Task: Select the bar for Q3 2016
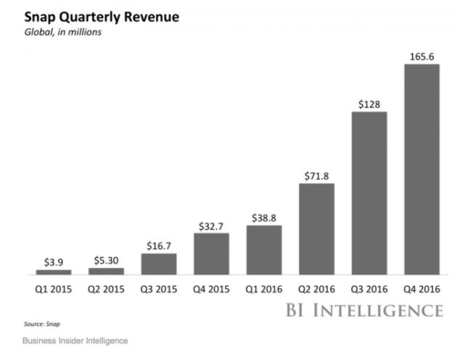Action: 369,193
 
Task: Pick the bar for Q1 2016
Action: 264,250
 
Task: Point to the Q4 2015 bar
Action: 211,253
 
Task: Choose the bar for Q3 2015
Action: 158,263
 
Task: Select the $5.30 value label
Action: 106,259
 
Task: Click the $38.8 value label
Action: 264,216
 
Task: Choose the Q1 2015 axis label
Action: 54,287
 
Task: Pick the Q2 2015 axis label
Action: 106,287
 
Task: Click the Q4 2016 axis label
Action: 421,287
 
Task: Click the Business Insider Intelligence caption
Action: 75,340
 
